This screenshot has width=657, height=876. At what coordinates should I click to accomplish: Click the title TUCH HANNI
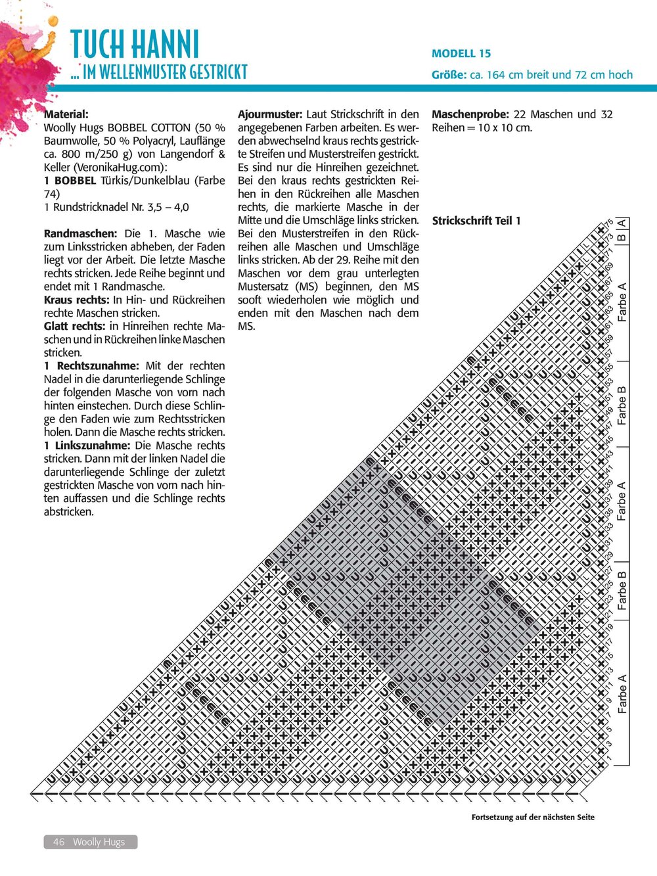tap(135, 45)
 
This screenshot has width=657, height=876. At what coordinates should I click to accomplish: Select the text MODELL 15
tap(461, 54)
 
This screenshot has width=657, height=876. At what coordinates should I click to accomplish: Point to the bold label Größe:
tap(449, 75)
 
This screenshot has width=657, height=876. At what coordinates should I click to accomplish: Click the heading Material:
tap(66, 114)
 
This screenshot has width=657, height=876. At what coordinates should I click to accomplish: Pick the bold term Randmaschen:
tap(80, 234)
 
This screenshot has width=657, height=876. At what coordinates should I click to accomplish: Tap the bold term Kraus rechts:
tap(76, 300)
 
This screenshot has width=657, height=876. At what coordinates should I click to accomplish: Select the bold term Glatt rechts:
tap(74, 326)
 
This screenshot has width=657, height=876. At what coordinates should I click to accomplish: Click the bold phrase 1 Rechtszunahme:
tap(91, 366)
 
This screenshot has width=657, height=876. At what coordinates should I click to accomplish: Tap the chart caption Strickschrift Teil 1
tap(476, 221)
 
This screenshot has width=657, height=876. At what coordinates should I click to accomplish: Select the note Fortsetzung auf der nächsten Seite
tap(533, 818)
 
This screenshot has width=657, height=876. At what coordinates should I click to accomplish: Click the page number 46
tap(59, 842)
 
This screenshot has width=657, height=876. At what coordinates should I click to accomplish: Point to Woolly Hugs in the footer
tap(99, 842)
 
